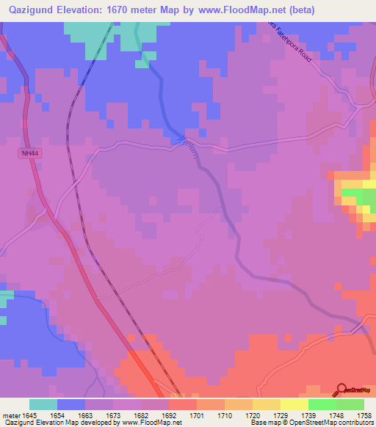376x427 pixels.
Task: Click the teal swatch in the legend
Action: pyautogui.click(x=43, y=404)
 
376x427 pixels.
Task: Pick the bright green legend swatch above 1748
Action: pyautogui.click(x=322, y=404)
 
